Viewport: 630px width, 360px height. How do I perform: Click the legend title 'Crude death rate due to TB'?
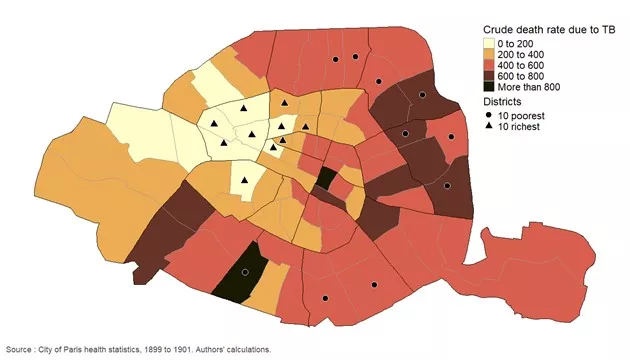(x=549, y=31)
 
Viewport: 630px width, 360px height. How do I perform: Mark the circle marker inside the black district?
(x=245, y=272)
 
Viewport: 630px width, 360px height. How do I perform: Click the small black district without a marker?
(x=326, y=179)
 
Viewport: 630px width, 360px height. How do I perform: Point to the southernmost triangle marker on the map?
(x=245, y=180)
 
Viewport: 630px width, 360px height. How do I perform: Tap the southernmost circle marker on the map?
(x=325, y=299)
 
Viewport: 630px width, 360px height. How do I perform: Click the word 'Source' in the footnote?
(x=19, y=349)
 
